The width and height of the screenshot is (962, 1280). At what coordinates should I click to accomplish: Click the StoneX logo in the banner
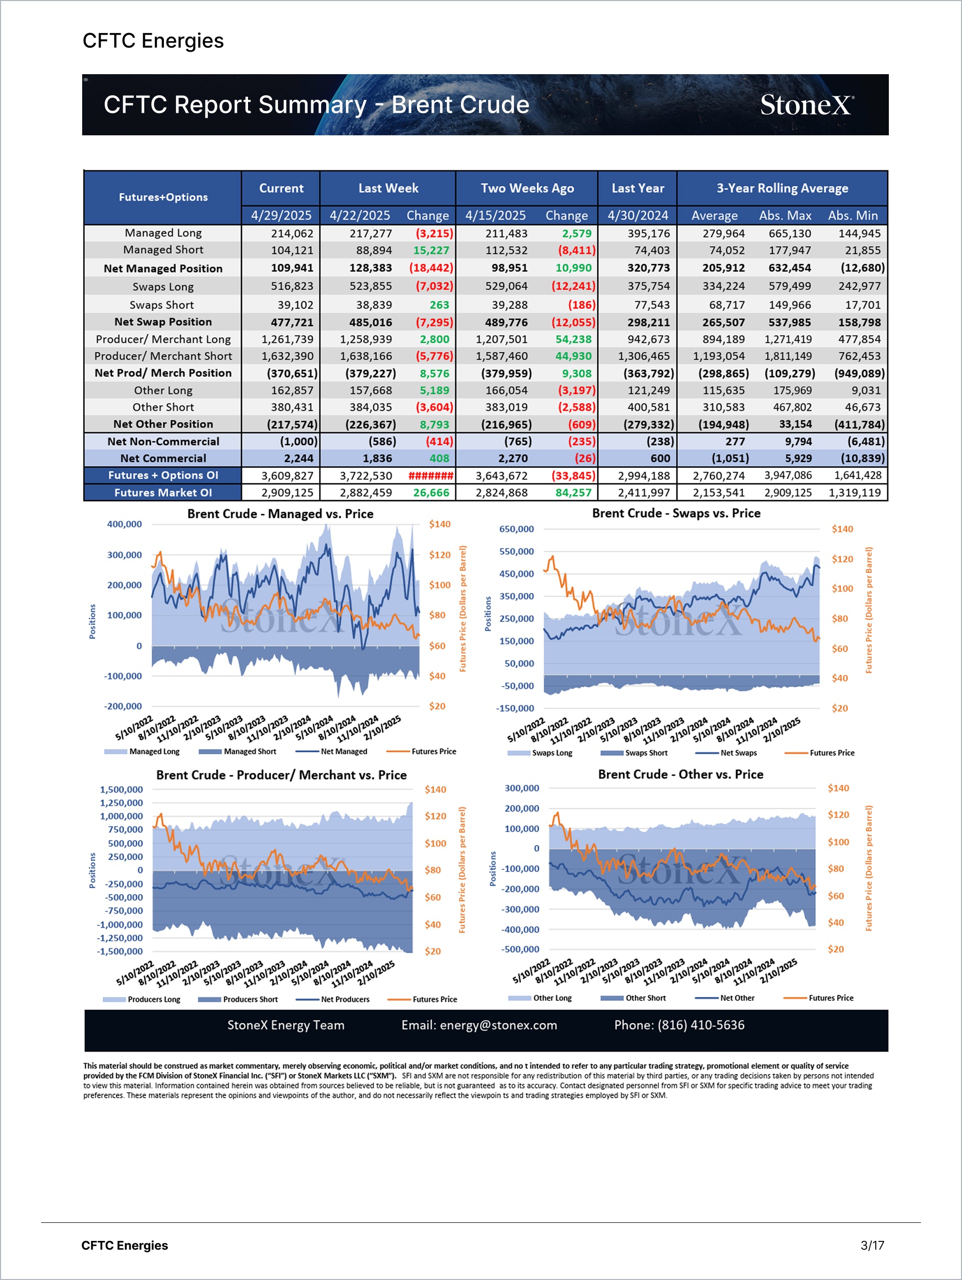point(806,105)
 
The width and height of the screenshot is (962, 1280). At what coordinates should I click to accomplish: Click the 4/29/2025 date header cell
point(281,216)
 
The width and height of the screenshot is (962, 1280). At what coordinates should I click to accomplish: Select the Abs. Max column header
point(785,216)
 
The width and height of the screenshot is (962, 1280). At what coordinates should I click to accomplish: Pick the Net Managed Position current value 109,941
point(292,268)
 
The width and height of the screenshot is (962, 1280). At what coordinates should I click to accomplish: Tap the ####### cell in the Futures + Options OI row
point(430,476)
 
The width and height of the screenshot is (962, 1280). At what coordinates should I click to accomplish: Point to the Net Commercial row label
point(163,458)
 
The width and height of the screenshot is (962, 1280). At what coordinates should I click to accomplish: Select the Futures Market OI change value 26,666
point(431,493)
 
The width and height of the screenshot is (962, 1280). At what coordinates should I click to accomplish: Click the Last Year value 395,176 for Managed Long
point(648,233)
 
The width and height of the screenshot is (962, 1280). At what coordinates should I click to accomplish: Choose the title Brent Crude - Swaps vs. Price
point(676,513)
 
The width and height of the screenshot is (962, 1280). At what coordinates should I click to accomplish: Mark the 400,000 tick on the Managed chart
point(124,524)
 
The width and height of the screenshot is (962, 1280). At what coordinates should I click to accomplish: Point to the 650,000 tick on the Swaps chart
point(517,529)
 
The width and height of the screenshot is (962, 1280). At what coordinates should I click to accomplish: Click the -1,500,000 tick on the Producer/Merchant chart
point(120,951)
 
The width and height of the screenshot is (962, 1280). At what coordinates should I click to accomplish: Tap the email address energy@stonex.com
point(498,1025)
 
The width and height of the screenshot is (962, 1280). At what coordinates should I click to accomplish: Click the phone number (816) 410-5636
point(700,1025)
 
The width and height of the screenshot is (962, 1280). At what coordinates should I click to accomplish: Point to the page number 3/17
point(872,1246)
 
